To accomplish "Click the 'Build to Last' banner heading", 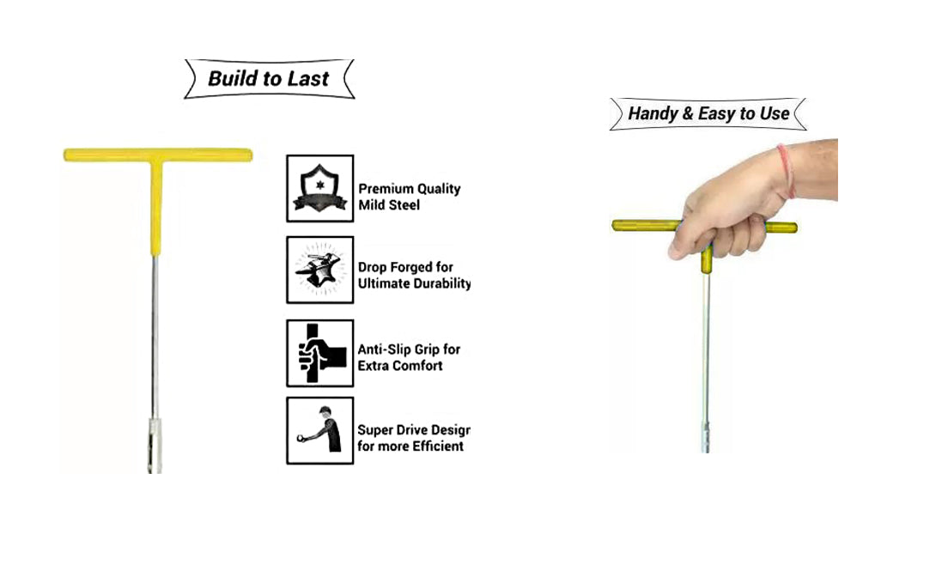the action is [x=269, y=79].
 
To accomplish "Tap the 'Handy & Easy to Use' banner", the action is [x=708, y=113].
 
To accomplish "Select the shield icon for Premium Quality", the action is [x=319, y=188].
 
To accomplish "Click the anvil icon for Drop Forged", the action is [x=319, y=270].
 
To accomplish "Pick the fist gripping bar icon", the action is [x=319, y=353].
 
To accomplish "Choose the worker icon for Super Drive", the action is [x=319, y=431].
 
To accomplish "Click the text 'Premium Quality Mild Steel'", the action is [x=410, y=197].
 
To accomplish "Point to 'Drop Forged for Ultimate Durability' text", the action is [x=414, y=276].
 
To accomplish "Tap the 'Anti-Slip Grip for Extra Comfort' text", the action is [x=409, y=357].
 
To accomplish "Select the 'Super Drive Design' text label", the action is [x=414, y=430].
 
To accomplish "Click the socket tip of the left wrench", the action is [x=155, y=446].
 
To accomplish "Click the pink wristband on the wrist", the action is [x=787, y=171].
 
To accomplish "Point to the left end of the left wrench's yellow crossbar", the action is [x=65, y=155].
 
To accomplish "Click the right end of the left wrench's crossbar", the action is [x=250, y=155].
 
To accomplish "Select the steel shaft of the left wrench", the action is [x=155, y=337].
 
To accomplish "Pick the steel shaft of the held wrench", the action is [x=705, y=347].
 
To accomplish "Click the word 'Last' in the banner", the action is [x=307, y=79].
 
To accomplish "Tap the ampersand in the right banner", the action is [x=688, y=113].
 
